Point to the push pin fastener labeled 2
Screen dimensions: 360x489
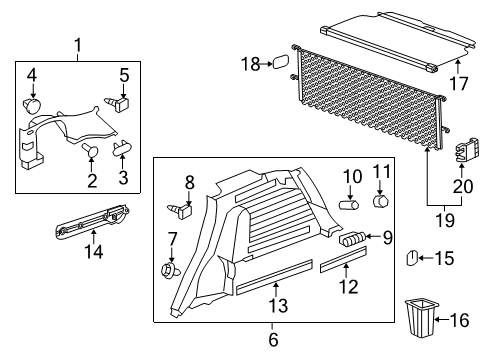pos(91,150)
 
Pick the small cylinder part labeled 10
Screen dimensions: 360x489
pos(350,203)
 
